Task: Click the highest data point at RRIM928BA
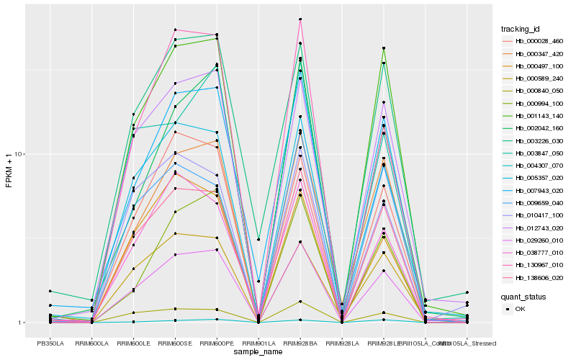point(300,19)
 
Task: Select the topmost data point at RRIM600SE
point(175,30)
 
